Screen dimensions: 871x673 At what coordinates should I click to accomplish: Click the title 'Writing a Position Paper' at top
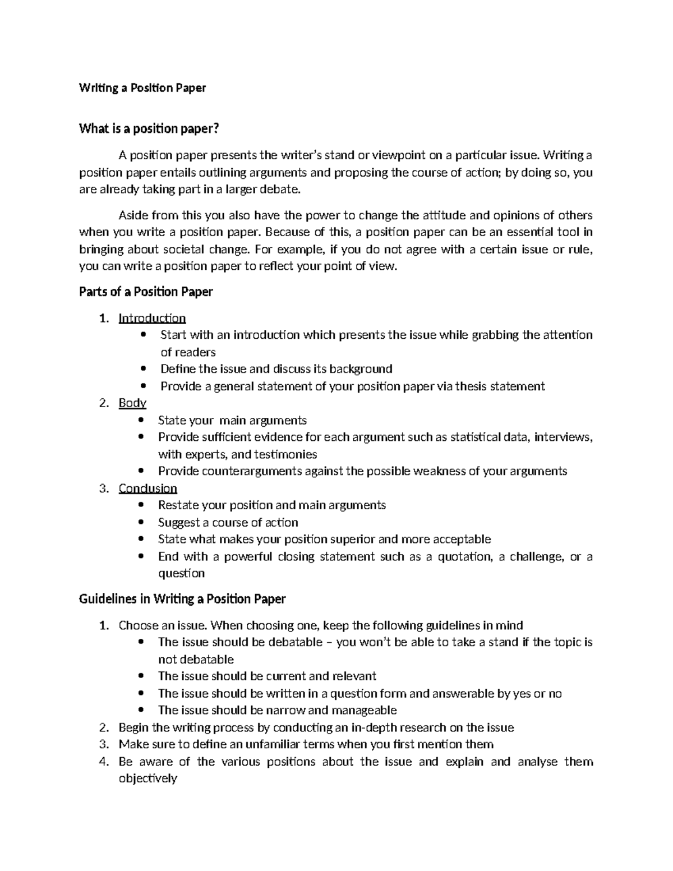[x=142, y=88]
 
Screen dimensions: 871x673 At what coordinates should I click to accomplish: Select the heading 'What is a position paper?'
[x=149, y=129]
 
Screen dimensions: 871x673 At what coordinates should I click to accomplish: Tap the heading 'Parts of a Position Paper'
[x=146, y=292]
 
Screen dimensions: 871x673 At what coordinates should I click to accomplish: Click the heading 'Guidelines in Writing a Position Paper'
[x=182, y=599]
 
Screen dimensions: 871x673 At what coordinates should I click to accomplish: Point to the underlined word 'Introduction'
[x=152, y=319]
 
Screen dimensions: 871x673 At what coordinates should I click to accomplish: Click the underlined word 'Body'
[x=132, y=403]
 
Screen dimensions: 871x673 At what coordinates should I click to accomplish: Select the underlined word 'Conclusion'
[x=148, y=489]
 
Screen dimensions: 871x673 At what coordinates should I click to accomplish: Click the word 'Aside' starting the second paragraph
[x=133, y=216]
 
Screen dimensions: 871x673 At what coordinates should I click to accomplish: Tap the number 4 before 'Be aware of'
[x=103, y=762]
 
